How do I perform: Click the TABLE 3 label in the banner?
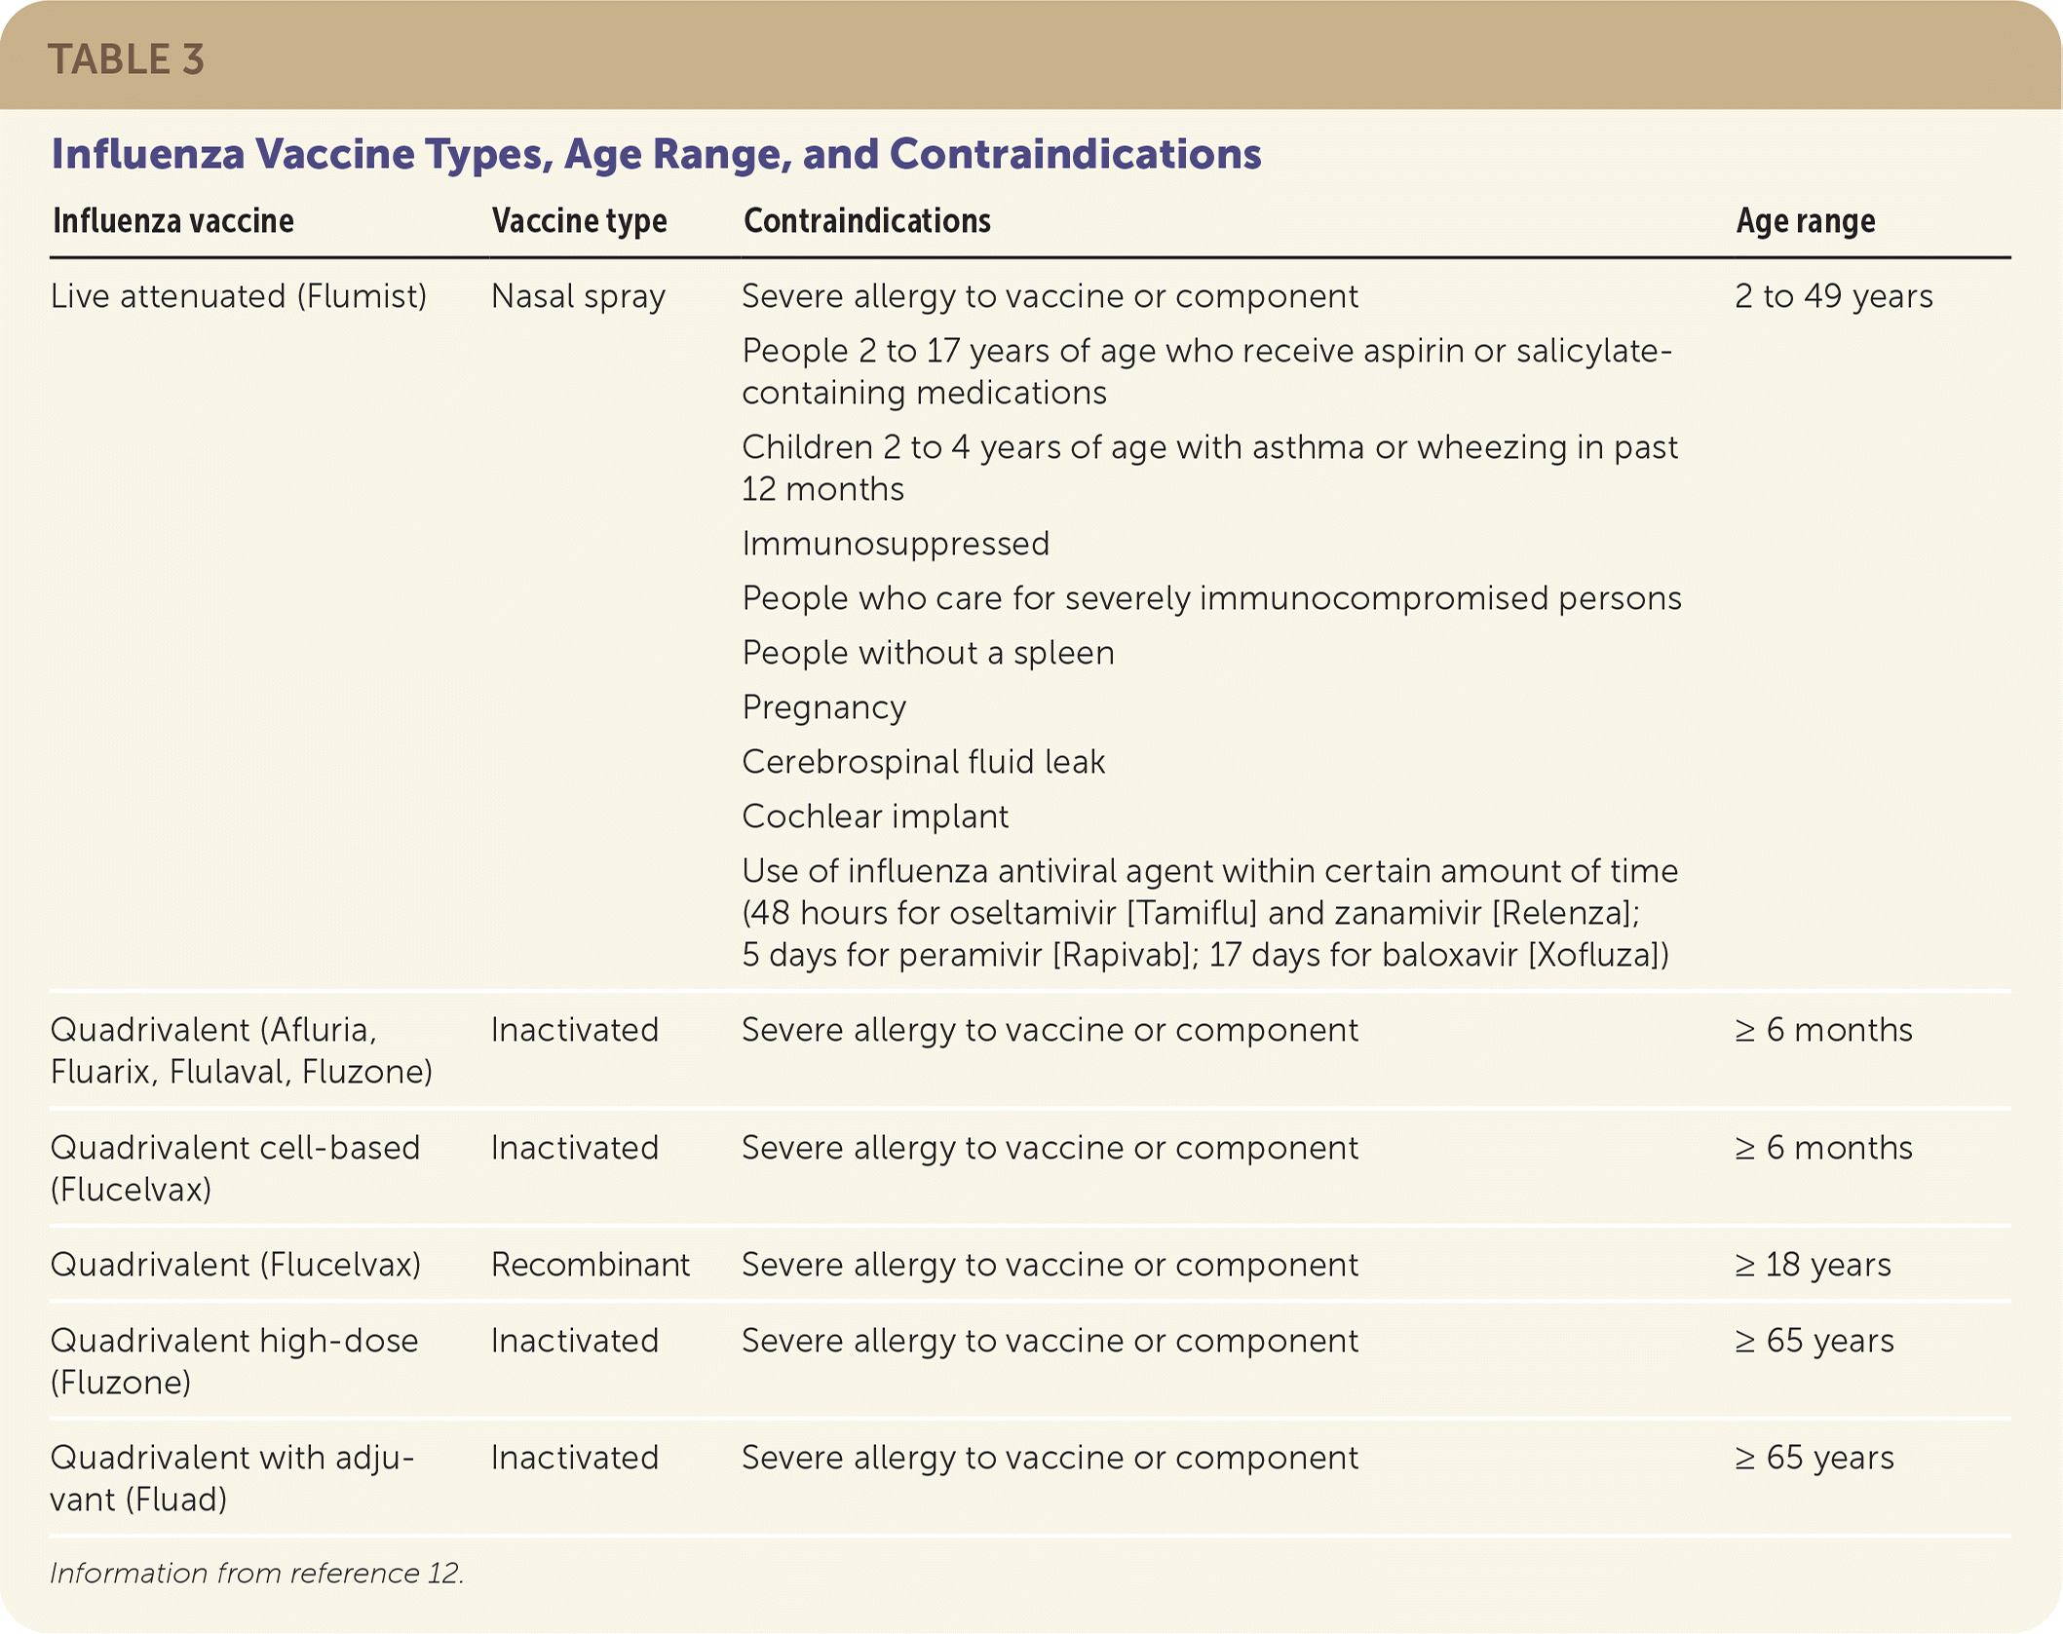pos(126,59)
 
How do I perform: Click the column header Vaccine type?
pos(579,221)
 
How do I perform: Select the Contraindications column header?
pos(866,221)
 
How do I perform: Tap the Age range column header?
pos(1805,221)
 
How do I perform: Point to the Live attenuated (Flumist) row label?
pos(239,296)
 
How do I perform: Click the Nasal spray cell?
pos(578,296)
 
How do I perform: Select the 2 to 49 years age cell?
pos(1833,296)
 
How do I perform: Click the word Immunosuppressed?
pos(896,544)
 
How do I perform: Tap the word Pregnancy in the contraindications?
pos(823,707)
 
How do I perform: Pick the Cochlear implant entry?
pos(874,817)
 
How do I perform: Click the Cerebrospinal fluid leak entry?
pos(923,762)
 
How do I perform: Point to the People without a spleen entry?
pos(928,653)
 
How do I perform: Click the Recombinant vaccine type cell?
pos(590,1265)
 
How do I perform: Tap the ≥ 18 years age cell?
pos(1813,1265)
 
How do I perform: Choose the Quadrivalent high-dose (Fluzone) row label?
pos(234,1361)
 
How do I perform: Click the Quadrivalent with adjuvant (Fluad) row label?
pos(232,1478)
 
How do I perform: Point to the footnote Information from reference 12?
pos(256,1573)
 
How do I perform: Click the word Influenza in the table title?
pos(148,154)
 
